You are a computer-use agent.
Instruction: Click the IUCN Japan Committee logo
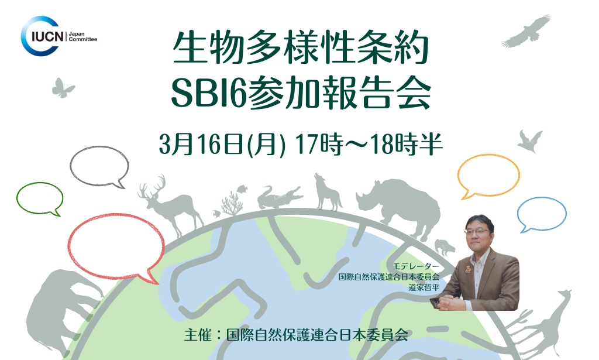point(58,36)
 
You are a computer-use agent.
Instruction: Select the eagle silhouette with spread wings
point(526,32)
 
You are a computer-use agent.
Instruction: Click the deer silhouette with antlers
point(171,205)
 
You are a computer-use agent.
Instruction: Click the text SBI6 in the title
point(208,94)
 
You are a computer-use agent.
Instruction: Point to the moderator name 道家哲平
point(424,287)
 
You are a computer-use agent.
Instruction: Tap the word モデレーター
point(416,266)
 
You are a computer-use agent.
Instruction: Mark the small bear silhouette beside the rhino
point(445,247)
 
